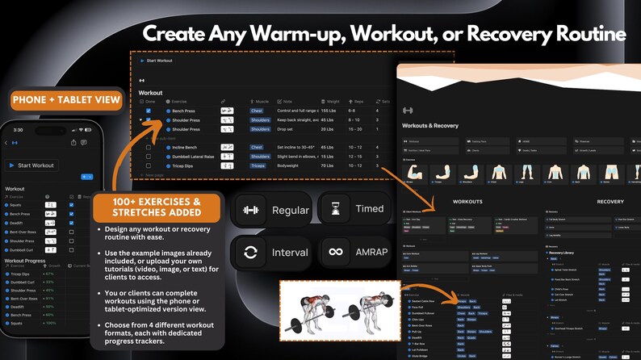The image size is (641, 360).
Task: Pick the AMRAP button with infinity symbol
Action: [x=354, y=253]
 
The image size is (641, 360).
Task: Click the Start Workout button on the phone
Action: [x=31, y=165]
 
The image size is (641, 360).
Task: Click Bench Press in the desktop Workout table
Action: [x=183, y=111]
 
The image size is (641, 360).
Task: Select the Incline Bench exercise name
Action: [x=186, y=148]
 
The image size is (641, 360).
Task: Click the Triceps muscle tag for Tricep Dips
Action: [x=258, y=166]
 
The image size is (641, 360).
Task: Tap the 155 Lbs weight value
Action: [x=333, y=111]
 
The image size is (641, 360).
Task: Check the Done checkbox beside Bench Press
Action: [x=148, y=111]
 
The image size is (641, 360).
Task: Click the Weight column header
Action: [x=332, y=102]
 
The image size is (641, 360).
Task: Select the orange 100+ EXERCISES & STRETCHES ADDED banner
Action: [x=157, y=207]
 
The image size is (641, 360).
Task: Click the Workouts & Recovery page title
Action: [x=432, y=126]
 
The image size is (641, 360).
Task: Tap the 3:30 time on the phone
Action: [x=18, y=129]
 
